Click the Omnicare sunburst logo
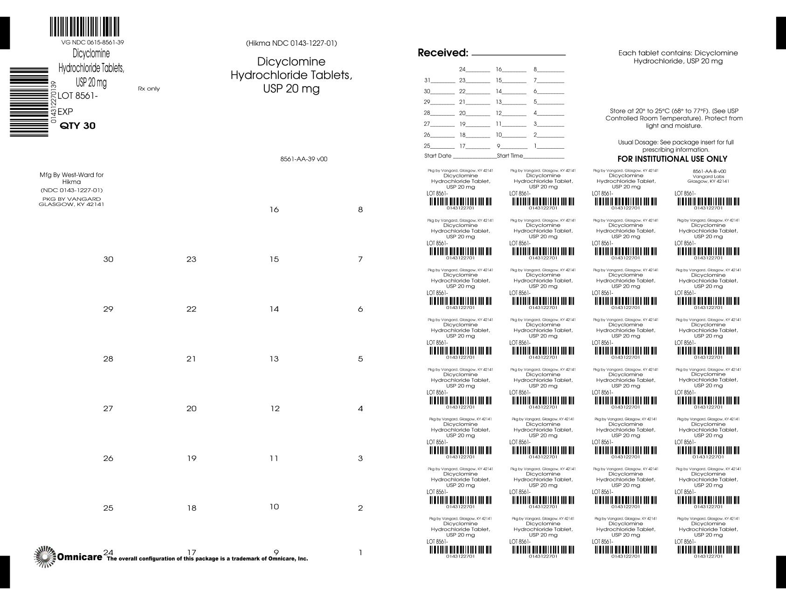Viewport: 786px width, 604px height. (45, 556)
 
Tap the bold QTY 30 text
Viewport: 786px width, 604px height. (78, 126)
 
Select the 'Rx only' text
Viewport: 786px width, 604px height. (149, 89)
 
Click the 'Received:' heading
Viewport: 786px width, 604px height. (442, 53)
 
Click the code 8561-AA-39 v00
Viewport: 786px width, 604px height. (303, 159)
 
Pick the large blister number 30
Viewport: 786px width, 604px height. (108, 260)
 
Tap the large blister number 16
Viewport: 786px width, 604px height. (274, 210)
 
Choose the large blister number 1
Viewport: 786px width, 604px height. (360, 553)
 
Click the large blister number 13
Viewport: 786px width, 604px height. (274, 359)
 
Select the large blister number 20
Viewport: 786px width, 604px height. (191, 409)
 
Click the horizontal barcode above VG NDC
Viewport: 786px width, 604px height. (84, 27)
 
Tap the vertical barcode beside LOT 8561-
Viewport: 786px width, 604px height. (29, 102)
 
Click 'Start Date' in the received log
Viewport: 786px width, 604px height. (438, 156)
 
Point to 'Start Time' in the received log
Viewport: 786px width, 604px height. (510, 156)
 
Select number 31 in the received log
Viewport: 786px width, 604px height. (427, 80)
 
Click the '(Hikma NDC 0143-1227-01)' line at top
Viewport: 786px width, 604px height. (291, 43)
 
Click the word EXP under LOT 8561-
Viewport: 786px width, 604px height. (65, 112)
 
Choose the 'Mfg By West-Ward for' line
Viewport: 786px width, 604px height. (71, 175)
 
